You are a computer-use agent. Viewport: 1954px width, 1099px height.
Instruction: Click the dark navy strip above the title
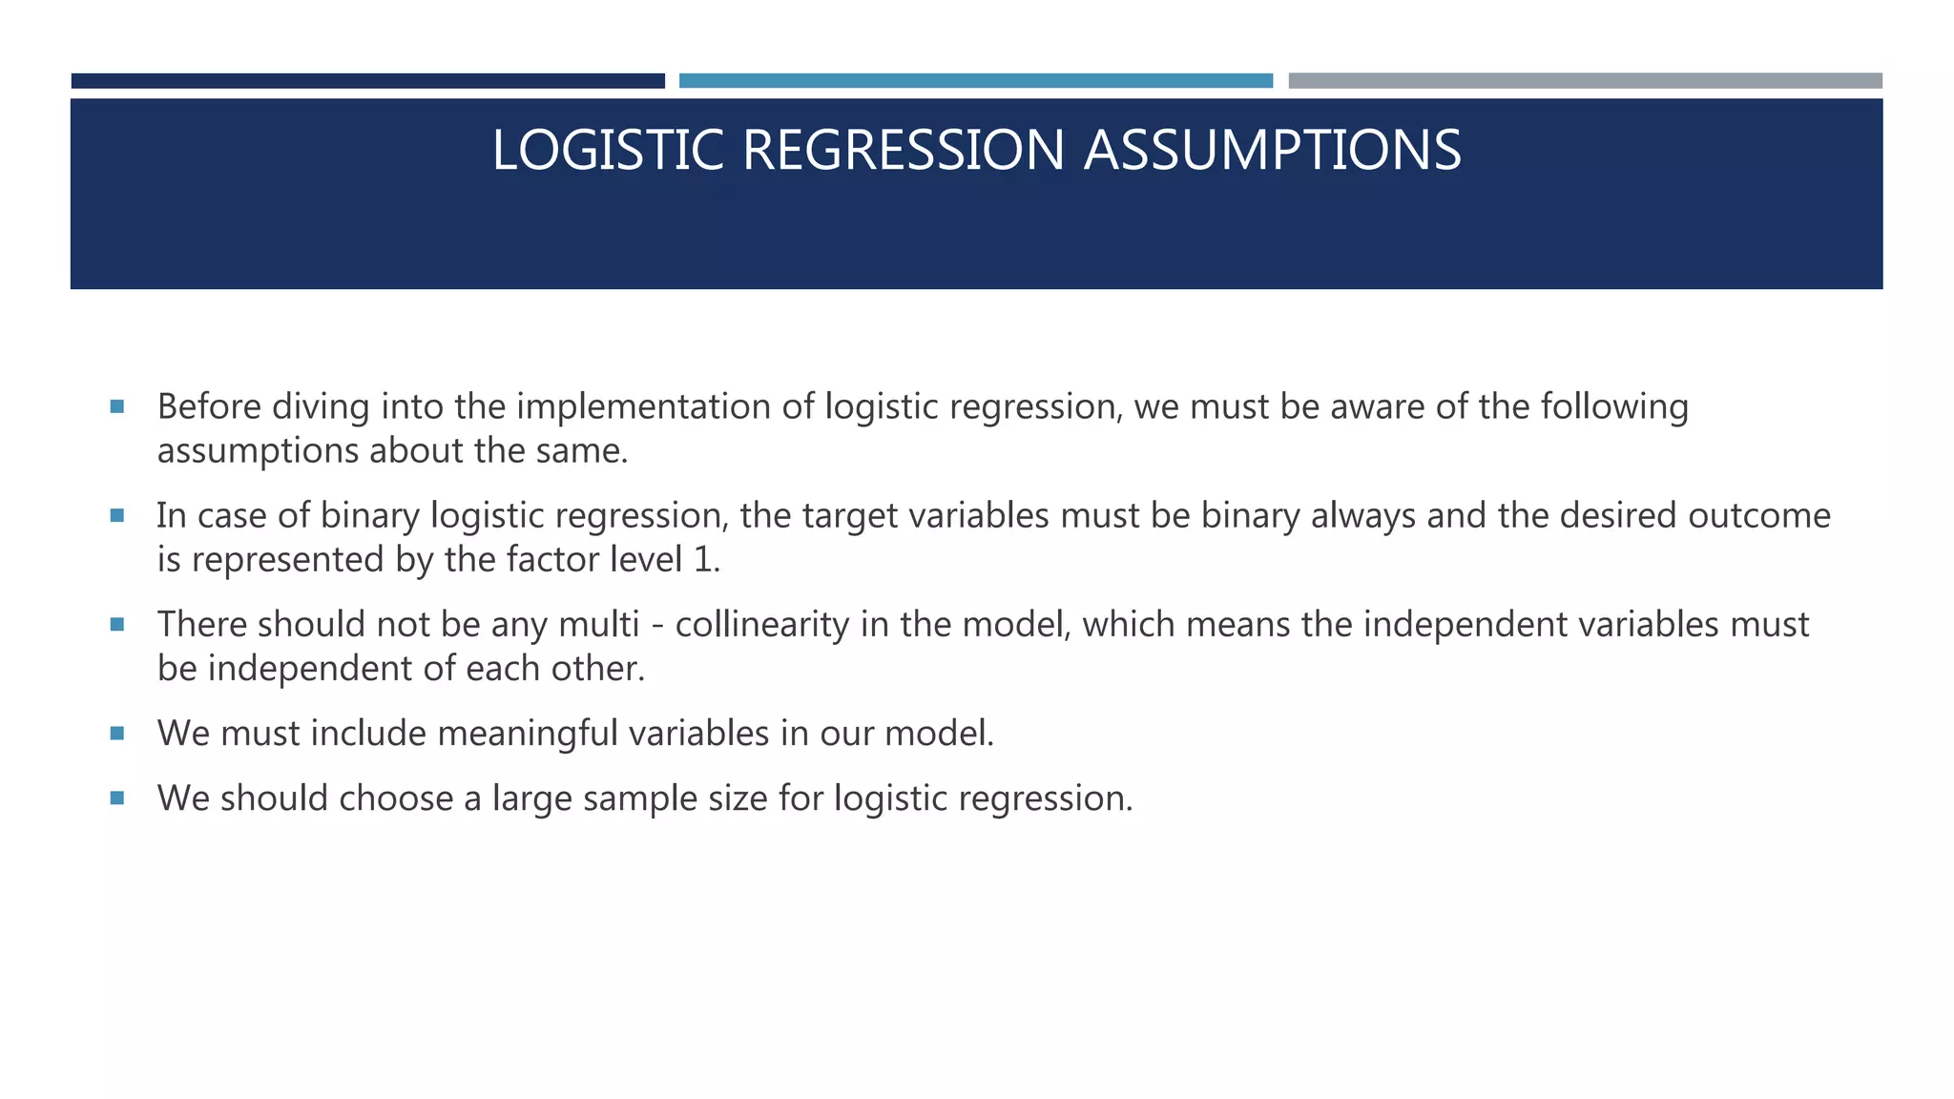pyautogui.click(x=367, y=81)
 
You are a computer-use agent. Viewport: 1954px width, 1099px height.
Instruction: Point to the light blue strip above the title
pyautogui.click(x=975, y=81)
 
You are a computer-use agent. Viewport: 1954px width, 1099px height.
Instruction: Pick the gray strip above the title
pyautogui.click(x=1585, y=81)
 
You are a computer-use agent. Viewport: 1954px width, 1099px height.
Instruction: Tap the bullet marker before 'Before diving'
pyautogui.click(x=117, y=407)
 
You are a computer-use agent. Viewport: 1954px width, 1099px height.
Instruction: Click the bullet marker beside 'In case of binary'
pyautogui.click(x=117, y=516)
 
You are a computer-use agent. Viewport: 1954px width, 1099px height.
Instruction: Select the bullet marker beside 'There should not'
pyautogui.click(x=117, y=625)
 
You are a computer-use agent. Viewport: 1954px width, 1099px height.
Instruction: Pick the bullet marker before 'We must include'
pyautogui.click(x=117, y=734)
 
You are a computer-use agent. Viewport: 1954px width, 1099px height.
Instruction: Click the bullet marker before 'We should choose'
pyautogui.click(x=117, y=798)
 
